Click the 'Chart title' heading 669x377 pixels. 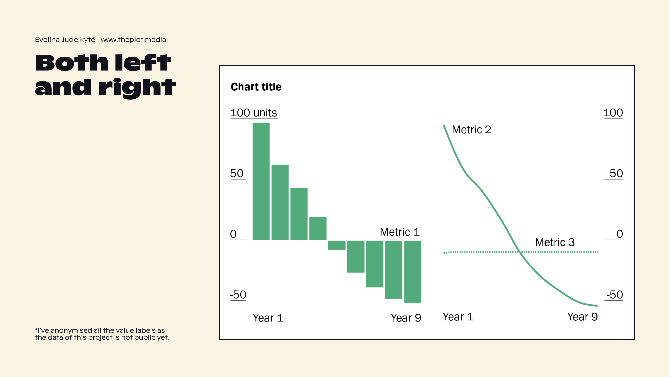point(256,87)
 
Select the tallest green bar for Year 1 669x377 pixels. point(261,181)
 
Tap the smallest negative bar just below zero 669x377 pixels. point(337,245)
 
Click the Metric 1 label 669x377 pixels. point(399,232)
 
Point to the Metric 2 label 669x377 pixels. point(471,130)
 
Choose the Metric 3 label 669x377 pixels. point(555,242)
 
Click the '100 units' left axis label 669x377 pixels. point(254,113)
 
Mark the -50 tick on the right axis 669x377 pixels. point(614,295)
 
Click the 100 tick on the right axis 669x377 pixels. point(613,113)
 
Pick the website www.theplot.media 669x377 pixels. point(133,40)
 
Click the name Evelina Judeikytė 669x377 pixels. point(65,40)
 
